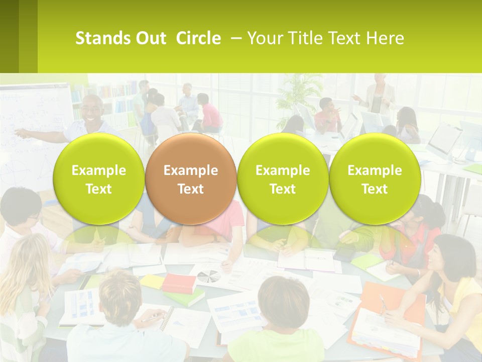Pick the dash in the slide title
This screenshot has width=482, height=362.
[235, 38]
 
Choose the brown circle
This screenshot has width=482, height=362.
[190, 179]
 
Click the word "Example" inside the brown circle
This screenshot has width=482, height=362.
[190, 170]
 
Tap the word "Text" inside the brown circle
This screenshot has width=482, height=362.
[190, 189]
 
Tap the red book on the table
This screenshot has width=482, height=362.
[179, 283]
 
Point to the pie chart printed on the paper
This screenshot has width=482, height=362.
[207, 276]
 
